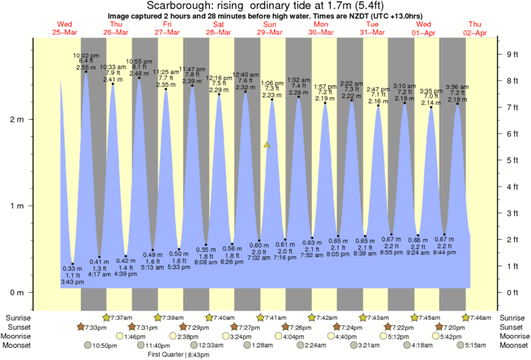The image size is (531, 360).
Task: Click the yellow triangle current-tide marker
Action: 267,144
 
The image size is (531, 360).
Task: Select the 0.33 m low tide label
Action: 72,268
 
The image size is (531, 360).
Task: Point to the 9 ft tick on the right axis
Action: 513,54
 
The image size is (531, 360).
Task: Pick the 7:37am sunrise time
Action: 121,317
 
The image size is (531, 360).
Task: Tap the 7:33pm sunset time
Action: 94,327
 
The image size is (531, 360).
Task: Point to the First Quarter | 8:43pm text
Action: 178,354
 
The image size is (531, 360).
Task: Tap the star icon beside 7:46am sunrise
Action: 466,317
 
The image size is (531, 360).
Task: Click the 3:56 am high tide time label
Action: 457,87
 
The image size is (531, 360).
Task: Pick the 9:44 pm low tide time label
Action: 445,252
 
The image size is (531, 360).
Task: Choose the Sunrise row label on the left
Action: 17,317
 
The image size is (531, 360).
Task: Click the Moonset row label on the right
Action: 514,345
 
